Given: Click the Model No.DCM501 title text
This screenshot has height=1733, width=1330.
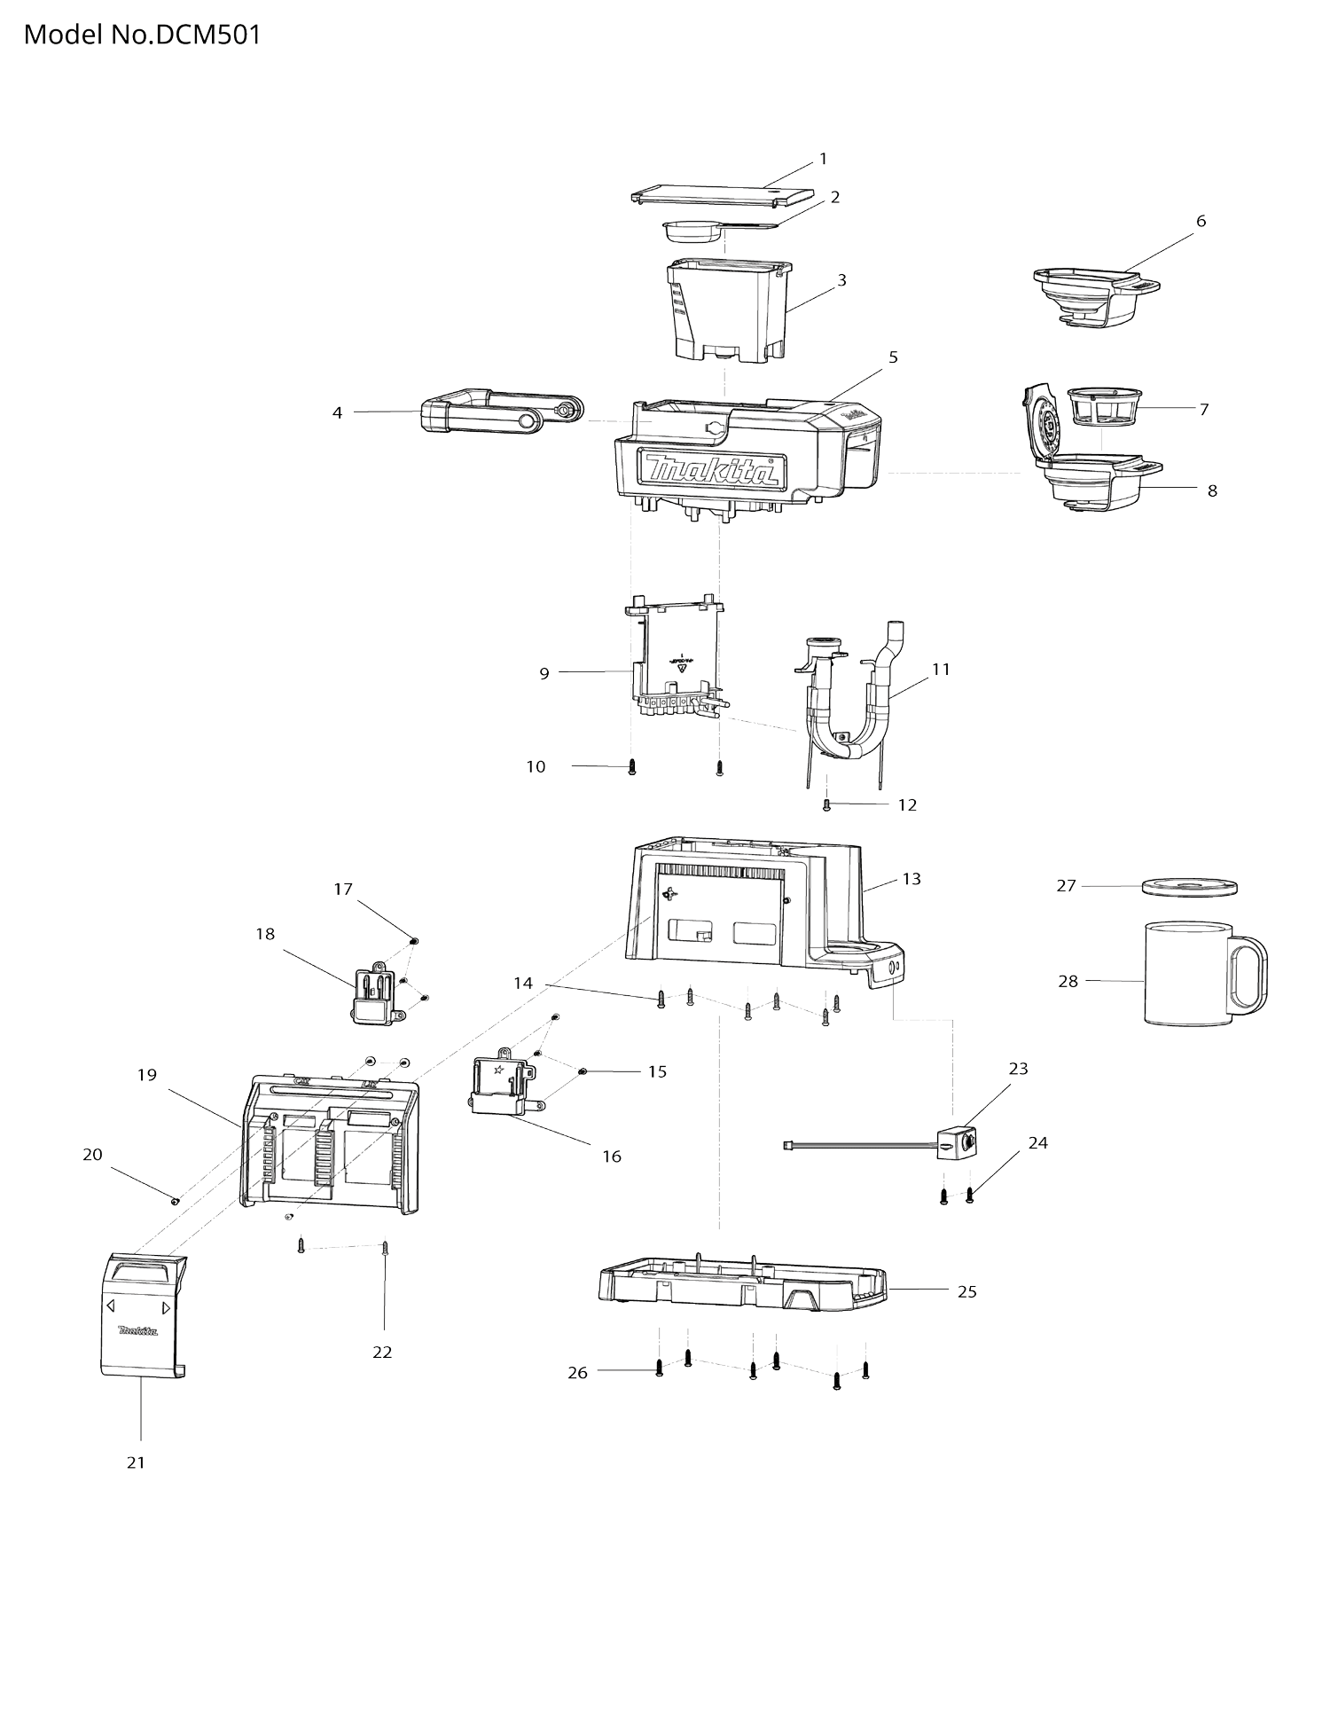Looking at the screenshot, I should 142,35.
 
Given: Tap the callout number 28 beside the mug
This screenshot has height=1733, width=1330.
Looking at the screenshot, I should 1068,981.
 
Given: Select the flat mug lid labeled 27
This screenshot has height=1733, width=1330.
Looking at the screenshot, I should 1189,887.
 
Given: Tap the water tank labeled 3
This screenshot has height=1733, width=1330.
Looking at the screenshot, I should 727,315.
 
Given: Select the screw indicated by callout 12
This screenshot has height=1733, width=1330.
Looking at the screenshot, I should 826,804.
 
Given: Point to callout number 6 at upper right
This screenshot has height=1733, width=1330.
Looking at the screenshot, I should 1201,221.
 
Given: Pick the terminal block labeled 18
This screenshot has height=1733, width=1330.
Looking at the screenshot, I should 372,996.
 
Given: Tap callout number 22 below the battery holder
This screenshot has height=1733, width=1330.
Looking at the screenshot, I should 382,1352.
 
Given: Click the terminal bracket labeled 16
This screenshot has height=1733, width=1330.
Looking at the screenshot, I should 499,1086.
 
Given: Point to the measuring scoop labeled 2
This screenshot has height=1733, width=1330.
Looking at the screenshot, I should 692,232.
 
